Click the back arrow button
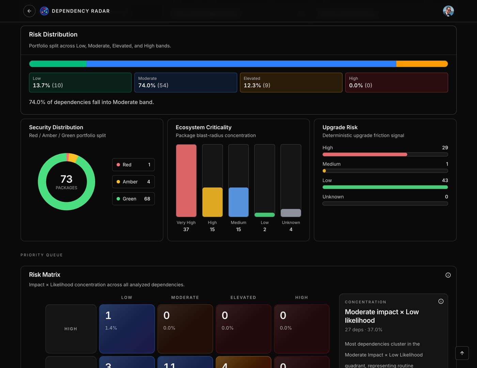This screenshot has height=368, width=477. [x=29, y=11]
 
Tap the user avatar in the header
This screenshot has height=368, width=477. [x=448, y=11]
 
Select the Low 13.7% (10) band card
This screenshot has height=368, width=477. [x=80, y=82]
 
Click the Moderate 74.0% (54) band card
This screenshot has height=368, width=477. [x=185, y=82]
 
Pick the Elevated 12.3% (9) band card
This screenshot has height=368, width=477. [x=291, y=82]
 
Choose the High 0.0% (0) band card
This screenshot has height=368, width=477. [x=396, y=82]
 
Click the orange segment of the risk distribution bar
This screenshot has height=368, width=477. [x=422, y=64]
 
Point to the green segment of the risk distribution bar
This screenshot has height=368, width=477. [x=58, y=64]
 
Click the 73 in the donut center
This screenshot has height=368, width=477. [x=66, y=179]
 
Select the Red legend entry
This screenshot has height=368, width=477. [x=133, y=165]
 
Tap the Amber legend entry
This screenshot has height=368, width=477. [x=133, y=182]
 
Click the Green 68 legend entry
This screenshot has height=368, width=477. [x=133, y=199]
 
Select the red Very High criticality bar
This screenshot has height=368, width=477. [x=186, y=181]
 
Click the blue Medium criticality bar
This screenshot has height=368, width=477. [x=238, y=202]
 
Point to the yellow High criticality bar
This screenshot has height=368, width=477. [x=212, y=202]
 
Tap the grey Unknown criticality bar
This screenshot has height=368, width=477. [x=291, y=213]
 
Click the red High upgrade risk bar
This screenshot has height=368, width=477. [x=365, y=154]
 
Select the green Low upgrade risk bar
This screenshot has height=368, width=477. [x=385, y=187]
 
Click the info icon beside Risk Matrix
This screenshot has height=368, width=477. [x=448, y=275]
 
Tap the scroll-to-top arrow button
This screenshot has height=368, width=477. [x=462, y=353]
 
